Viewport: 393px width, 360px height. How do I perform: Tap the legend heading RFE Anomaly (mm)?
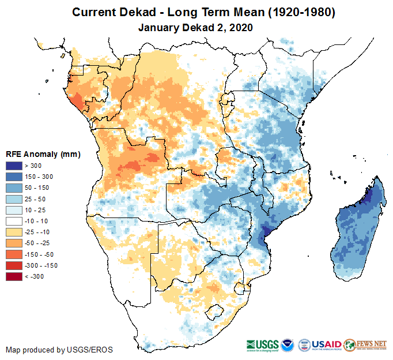(x=43, y=154)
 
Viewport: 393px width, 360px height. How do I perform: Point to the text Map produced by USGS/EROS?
(x=59, y=350)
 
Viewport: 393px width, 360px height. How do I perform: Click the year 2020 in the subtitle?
(x=241, y=27)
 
